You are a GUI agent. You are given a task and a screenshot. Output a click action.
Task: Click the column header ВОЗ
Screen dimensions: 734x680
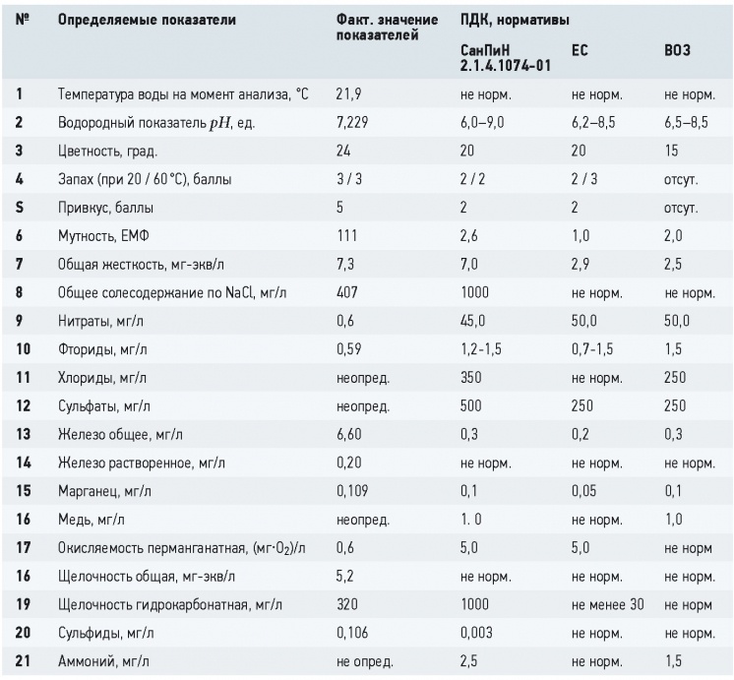click(677, 50)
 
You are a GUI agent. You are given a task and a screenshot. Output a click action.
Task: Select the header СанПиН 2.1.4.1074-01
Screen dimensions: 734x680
click(505, 58)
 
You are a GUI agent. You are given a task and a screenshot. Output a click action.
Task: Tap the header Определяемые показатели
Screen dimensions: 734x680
click(147, 20)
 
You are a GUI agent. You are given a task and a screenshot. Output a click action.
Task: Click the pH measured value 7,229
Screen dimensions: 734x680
click(352, 123)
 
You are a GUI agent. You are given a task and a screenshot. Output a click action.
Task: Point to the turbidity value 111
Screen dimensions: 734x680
click(346, 235)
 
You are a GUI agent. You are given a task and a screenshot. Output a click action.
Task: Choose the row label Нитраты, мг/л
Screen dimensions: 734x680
click(100, 321)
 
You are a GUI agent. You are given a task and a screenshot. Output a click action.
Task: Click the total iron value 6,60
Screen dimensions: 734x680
click(348, 434)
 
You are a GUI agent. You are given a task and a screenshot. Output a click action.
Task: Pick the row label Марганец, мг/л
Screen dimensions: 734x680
click(104, 491)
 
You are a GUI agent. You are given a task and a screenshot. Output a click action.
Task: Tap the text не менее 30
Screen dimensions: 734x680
click(608, 604)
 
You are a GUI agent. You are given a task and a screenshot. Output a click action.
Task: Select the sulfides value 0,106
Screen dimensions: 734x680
click(352, 633)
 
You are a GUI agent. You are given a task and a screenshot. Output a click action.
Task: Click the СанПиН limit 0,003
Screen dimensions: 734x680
click(476, 633)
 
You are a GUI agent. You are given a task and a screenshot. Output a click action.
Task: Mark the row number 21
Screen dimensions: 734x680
click(23, 660)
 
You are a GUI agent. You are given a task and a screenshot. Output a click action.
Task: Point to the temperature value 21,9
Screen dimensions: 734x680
click(348, 94)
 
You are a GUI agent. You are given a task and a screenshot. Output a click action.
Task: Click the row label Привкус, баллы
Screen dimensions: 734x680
click(105, 208)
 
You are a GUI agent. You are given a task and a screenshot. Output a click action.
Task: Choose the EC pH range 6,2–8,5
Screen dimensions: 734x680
click(593, 123)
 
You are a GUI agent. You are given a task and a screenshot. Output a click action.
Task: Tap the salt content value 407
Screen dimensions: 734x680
click(347, 292)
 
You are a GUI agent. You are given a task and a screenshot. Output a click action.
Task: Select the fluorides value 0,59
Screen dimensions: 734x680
click(348, 349)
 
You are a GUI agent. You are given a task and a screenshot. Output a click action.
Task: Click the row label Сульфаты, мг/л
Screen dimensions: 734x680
click(104, 406)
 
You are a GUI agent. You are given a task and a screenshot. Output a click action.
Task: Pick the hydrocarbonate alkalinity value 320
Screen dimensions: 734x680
click(347, 604)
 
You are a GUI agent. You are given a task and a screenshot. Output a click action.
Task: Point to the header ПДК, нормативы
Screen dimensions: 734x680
click(515, 20)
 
